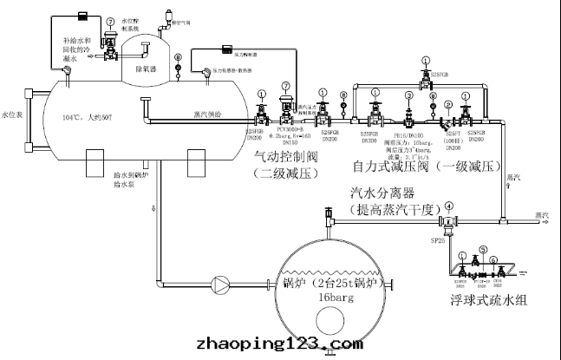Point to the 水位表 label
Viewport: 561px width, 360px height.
tap(10, 114)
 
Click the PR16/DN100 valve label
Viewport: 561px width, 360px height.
tap(408, 134)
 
